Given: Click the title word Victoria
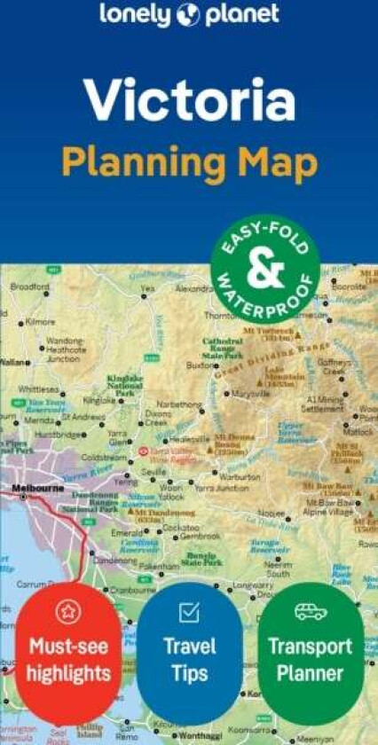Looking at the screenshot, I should click(x=188, y=101).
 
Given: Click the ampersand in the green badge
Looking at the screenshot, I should click(x=264, y=271).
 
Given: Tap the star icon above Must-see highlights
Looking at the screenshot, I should click(x=68, y=612).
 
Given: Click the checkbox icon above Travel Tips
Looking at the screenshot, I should click(x=189, y=612).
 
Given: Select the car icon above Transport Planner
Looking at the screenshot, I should click(x=311, y=612).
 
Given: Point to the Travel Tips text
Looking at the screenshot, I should click(x=189, y=659).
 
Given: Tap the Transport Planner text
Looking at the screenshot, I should click(x=311, y=659).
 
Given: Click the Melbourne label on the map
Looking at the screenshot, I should click(x=36, y=488).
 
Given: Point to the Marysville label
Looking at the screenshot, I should click(x=250, y=394).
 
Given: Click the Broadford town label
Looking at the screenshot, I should click(x=30, y=286).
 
